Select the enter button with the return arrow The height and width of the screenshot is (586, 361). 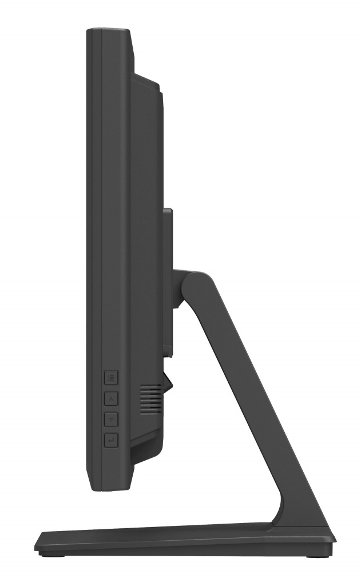(112, 440)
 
